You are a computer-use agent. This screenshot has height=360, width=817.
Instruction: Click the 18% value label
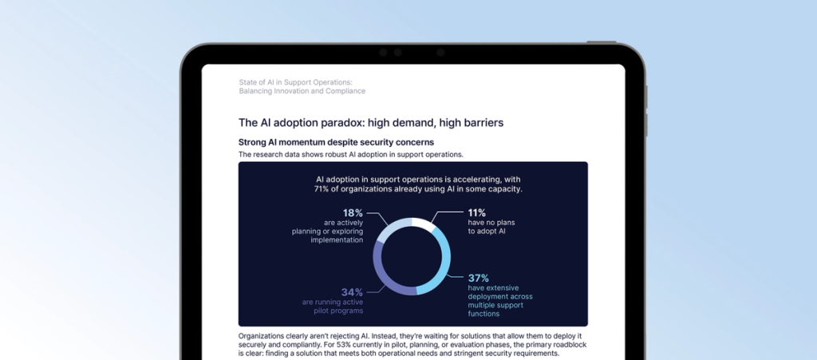coord(353,213)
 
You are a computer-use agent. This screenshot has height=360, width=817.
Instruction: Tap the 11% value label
coord(477,213)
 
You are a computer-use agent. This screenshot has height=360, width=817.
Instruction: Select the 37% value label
coord(478,278)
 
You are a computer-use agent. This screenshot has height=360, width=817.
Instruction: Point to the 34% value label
coord(353,291)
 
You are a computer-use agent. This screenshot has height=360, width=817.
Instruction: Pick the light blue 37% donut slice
coord(441,268)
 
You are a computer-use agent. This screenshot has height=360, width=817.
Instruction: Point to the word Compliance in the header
coord(342,91)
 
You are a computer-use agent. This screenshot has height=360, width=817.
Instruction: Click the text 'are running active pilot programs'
coord(333,307)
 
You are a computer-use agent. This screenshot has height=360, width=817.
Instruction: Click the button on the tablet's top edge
coord(601,42)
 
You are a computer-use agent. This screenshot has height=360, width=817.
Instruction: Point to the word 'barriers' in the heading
coord(476,123)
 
